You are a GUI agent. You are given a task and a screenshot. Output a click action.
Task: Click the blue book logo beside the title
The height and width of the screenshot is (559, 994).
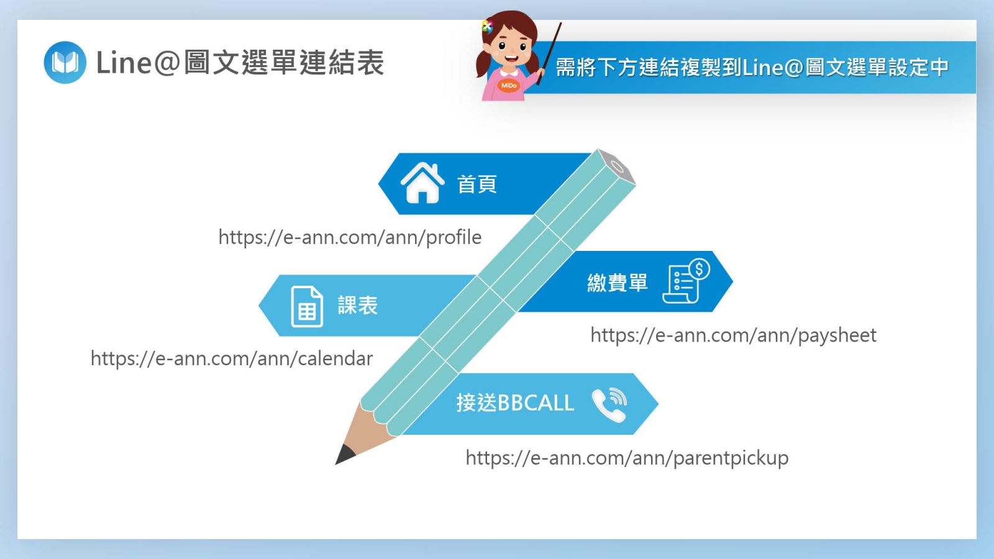pos(65,63)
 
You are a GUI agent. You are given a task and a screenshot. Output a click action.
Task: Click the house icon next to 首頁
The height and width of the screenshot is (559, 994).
pos(422,183)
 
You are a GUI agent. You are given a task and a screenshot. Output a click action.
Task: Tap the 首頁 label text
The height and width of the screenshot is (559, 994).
pos(477,184)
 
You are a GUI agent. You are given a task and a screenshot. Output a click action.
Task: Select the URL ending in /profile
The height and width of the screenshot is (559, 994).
pos(350,237)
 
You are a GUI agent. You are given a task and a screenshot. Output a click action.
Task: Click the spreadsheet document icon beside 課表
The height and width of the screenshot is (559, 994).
pos(307,307)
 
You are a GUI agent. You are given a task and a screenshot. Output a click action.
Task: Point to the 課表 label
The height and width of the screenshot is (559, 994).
pos(358,305)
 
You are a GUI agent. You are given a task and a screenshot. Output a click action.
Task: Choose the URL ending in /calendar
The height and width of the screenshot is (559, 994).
pos(232,358)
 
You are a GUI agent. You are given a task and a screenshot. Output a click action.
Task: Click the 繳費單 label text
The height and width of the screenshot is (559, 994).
pos(618,283)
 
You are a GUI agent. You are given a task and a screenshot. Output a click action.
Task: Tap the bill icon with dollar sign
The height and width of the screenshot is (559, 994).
pos(686,281)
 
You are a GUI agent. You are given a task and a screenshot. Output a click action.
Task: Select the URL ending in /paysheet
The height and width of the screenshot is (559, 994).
pos(734,335)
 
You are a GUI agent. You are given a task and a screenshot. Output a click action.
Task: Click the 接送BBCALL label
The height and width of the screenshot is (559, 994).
pos(515,403)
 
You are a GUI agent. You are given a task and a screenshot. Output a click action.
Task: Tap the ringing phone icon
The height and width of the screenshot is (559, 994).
pos(609,404)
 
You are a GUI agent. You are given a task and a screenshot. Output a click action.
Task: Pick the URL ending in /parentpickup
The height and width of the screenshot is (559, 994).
pos(627,458)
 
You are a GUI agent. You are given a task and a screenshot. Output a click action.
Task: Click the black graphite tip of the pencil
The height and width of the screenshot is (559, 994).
pos(344,455)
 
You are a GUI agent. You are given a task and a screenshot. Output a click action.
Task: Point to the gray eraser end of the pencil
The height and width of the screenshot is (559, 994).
pos(618,167)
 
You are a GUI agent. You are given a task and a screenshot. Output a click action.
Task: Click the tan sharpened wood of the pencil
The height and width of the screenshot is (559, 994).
pos(365,428)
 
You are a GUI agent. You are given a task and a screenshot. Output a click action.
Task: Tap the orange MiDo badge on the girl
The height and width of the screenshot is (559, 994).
pos(509,84)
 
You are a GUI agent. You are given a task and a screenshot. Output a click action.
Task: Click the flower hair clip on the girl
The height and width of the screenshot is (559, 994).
pos(487,27)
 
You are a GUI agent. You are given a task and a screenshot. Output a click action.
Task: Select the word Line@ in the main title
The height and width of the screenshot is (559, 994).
pos(138,63)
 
